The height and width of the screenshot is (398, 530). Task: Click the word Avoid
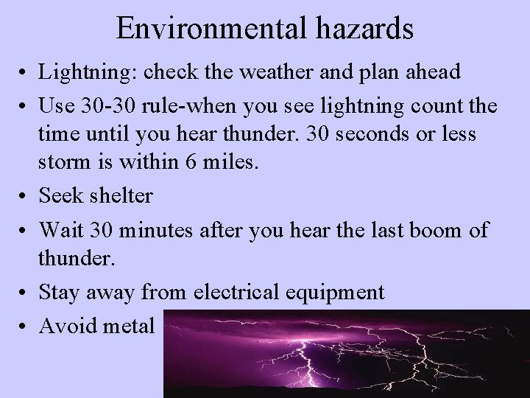67,324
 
